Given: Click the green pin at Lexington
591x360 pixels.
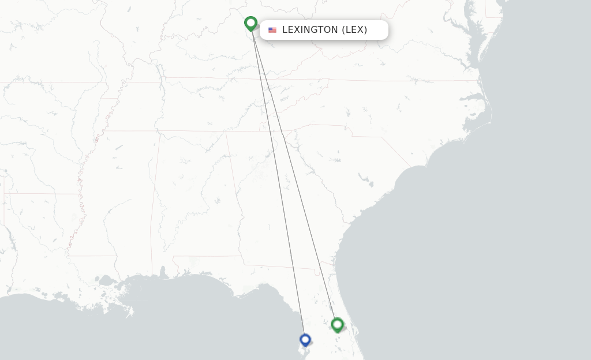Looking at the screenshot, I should [x=250, y=23].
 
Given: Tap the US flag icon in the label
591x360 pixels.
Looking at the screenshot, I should [x=272, y=30].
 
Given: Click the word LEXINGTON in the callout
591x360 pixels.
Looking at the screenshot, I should [x=310, y=30].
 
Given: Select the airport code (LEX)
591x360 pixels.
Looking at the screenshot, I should [x=355, y=30].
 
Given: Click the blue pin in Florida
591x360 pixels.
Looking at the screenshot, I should [x=305, y=340].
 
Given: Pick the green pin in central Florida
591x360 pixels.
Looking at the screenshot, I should [x=338, y=324].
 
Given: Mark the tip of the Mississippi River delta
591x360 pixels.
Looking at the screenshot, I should [x=130, y=314].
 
